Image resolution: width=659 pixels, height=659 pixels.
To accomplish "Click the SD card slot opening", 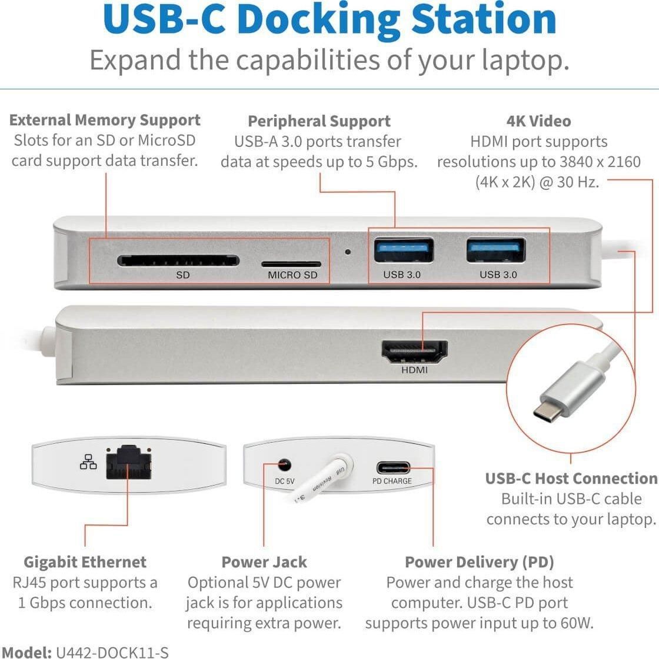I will click(x=178, y=260).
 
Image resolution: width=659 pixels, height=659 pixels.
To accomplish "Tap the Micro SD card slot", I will click(x=291, y=265).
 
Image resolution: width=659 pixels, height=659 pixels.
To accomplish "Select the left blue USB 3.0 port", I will click(x=404, y=250).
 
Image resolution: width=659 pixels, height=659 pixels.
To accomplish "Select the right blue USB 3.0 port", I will click(x=496, y=250).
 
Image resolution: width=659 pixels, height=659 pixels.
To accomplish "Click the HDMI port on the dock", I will click(x=414, y=352).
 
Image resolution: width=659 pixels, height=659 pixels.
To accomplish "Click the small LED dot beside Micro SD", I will click(x=348, y=252).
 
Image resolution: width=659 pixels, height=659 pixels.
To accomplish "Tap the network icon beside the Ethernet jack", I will click(x=88, y=463).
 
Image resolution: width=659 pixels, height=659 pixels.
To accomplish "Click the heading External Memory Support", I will click(x=105, y=121).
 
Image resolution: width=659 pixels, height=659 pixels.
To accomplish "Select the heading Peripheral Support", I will click(x=319, y=122).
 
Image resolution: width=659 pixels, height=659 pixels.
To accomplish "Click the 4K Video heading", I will click(x=538, y=122).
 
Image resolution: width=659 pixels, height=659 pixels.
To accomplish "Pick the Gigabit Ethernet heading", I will click(x=85, y=562).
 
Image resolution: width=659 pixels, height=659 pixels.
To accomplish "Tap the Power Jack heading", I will click(x=264, y=562).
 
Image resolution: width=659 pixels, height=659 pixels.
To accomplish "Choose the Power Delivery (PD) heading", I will click(x=479, y=562).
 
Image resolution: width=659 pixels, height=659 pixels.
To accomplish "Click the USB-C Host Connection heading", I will click(x=571, y=479).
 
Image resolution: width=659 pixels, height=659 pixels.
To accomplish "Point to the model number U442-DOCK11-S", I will click(x=112, y=652).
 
